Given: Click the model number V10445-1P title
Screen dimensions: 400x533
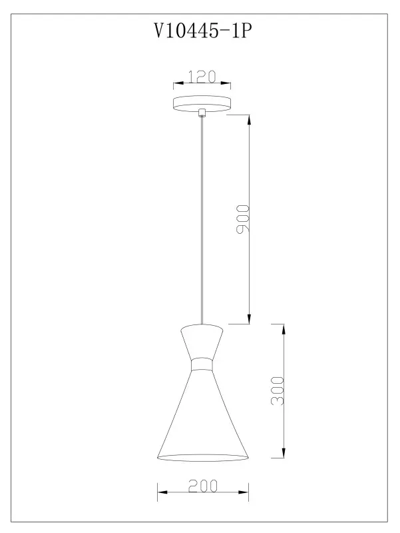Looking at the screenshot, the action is coord(203,31).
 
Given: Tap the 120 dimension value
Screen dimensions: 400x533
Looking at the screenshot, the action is coord(202,77).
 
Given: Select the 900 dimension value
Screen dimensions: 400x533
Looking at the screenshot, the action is coord(243,219).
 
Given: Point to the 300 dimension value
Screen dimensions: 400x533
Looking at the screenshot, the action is coord(278,390).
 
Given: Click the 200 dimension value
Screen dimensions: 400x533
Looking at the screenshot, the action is coord(203,486).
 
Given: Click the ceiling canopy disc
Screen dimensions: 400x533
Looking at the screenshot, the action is coord(202,104).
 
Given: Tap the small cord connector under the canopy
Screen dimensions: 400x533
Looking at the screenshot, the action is coord(202,113).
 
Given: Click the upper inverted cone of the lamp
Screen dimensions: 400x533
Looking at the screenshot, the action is coord(202,341).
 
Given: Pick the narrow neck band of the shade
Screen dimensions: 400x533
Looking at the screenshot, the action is coord(202,364).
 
